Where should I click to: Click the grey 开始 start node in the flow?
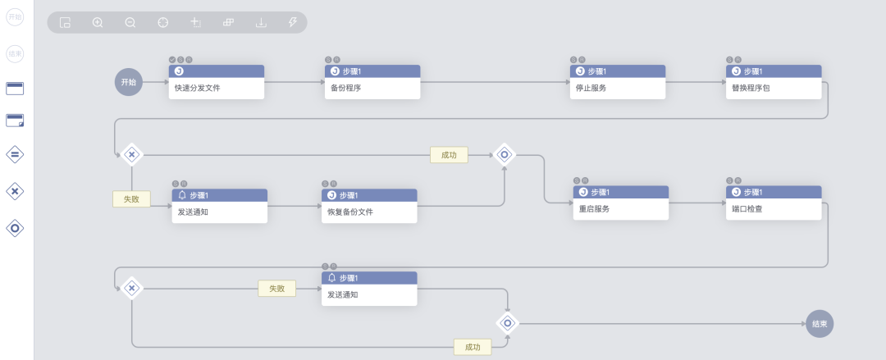129,82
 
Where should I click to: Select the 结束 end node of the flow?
820,324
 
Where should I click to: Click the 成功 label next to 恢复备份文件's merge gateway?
449,155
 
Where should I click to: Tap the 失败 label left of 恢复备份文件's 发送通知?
131,198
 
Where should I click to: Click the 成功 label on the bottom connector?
473,347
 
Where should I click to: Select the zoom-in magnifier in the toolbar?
98,23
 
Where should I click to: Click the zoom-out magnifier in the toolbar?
130,23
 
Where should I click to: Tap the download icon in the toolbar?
261,23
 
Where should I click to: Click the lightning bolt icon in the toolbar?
293,23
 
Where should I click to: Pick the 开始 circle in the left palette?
15,17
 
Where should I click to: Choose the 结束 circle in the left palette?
15,54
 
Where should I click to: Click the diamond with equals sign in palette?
15,154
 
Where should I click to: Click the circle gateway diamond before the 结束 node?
508,323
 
